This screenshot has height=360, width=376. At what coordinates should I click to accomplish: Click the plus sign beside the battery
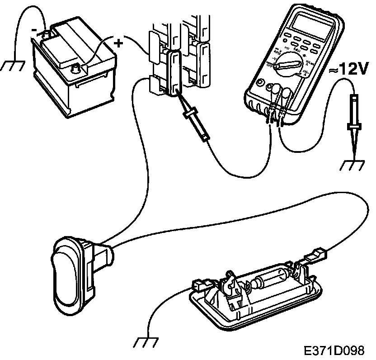coord(118,43)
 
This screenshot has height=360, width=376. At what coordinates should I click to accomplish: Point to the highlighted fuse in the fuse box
coord(174,72)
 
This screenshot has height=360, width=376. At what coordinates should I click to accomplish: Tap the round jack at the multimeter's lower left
coord(260,84)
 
